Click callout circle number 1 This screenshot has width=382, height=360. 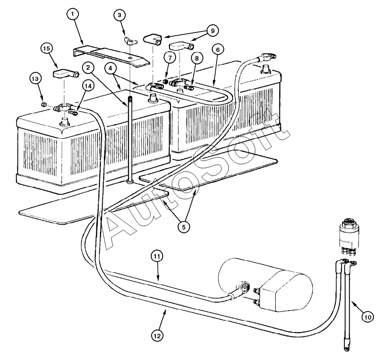coord(72,15)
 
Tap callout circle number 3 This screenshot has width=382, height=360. coord(119,15)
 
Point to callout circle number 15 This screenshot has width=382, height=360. coord(47,49)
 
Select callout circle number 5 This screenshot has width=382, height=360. coord(183,227)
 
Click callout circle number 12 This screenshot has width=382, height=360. coord(158,335)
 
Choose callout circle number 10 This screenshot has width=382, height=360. coord(367,318)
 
